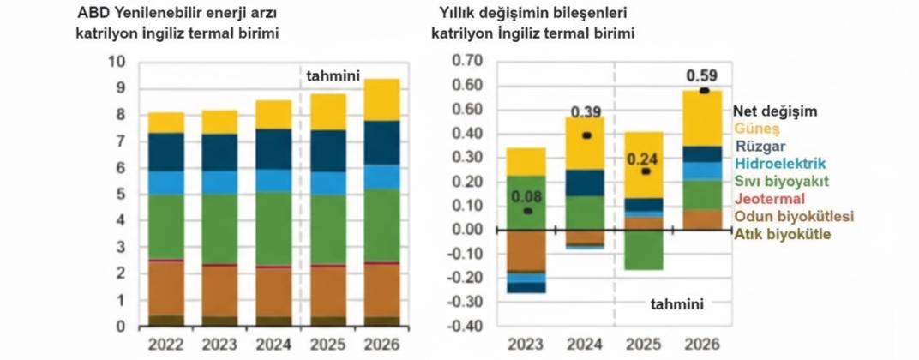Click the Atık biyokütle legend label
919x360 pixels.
tap(783, 233)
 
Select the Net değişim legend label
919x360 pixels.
tap(776, 111)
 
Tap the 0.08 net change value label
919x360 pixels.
tap(526, 196)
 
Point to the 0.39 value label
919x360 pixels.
tap(586, 112)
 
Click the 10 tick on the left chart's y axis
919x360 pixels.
tap(117, 62)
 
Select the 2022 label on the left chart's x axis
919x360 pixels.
tap(165, 345)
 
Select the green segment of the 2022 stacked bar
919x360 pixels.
tap(165, 226)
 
